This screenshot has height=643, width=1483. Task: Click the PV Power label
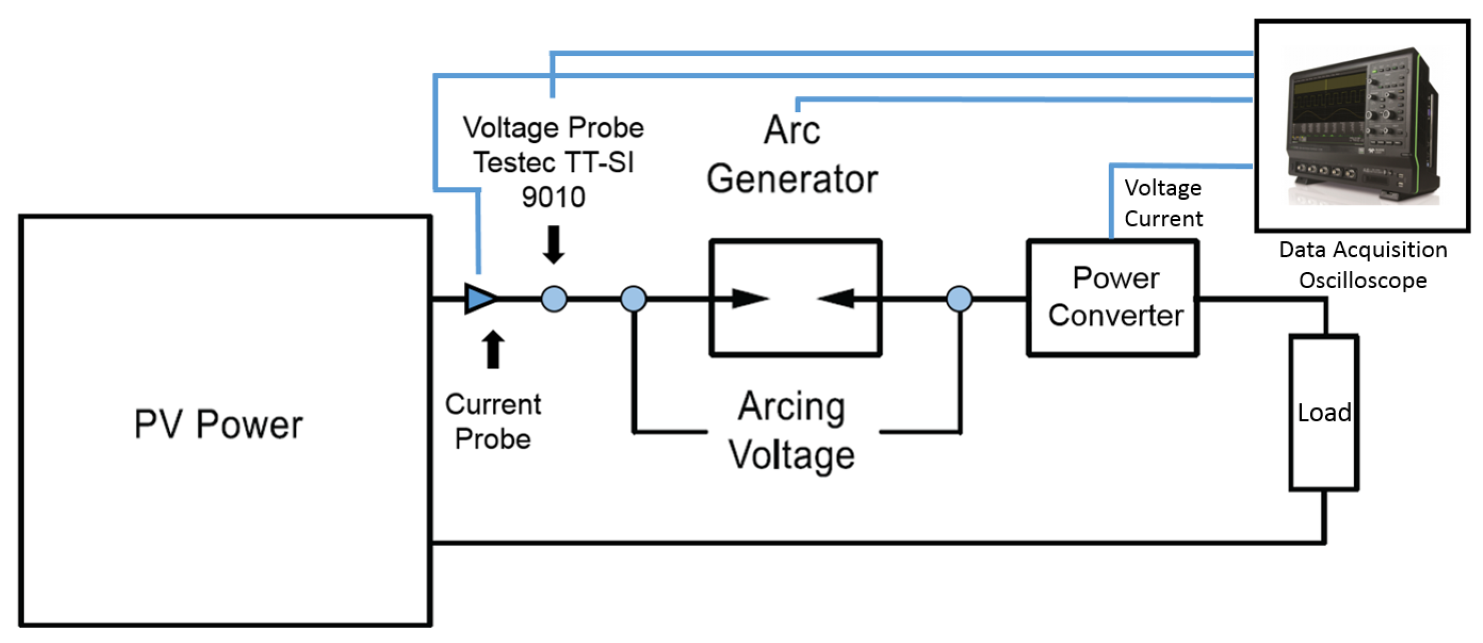[218, 424]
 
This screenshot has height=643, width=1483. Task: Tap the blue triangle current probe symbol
[480, 299]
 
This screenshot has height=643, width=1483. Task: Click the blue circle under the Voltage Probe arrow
[554, 300]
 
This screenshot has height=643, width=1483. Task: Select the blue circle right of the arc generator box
[959, 300]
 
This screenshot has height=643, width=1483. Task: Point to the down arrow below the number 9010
[553, 245]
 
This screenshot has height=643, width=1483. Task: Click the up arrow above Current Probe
[493, 349]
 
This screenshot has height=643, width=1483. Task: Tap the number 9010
[553, 198]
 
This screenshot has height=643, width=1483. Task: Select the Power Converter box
[1114, 297]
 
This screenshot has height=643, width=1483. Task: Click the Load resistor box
[1324, 413]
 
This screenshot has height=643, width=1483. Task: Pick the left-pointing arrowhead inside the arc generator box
[836, 299]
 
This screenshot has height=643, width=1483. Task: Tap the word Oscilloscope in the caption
[1362, 281]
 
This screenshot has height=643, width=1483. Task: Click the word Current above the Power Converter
[1164, 219]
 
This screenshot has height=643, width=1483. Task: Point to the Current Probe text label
[493, 422]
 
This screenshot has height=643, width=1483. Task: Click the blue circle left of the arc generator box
[633, 300]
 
